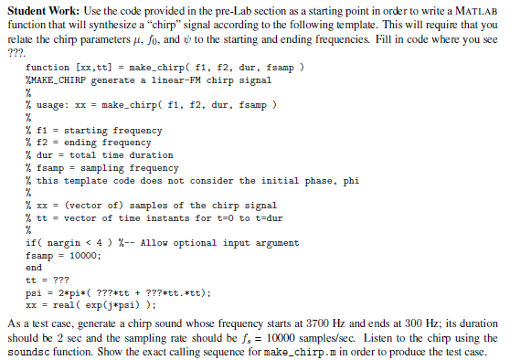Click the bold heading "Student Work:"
(40, 11)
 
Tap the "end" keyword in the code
(34, 268)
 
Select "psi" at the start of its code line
(34, 293)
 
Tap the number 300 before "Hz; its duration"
(408, 324)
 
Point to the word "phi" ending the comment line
(350, 181)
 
